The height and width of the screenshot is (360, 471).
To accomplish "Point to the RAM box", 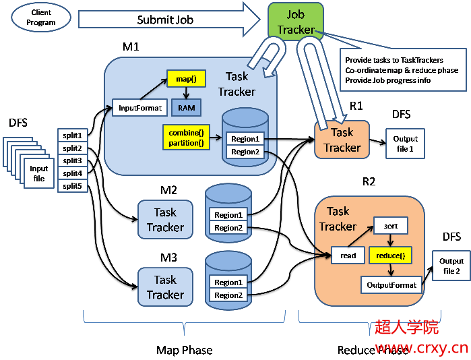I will click(185, 107).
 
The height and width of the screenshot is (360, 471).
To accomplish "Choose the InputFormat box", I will click(140, 108).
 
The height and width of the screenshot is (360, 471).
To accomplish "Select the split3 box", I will click(72, 160).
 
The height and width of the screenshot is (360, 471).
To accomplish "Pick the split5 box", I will click(72, 186).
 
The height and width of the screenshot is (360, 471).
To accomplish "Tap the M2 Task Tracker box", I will click(165, 220).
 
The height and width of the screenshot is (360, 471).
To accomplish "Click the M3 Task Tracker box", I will click(165, 287).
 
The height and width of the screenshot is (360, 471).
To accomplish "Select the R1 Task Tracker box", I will click(342, 140).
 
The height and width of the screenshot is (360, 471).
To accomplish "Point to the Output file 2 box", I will click(451, 266).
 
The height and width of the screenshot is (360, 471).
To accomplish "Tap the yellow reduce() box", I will click(390, 256).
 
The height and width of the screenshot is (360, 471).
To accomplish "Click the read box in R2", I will click(348, 256).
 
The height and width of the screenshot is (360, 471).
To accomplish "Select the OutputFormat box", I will click(391, 285).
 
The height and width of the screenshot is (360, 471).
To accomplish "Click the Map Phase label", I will click(184, 350).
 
